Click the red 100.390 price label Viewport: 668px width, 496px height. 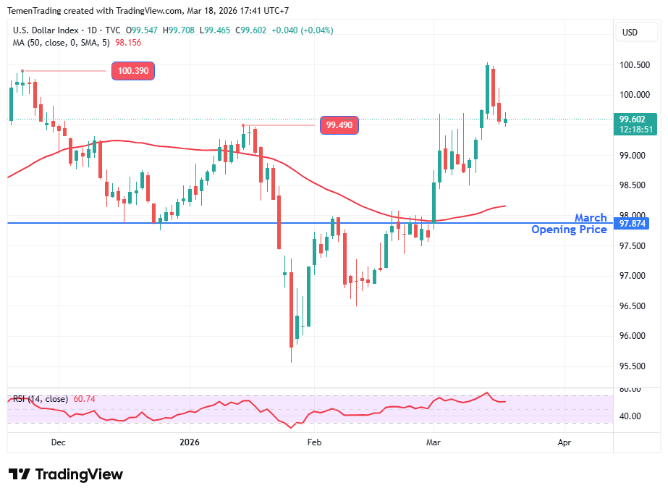click(133, 71)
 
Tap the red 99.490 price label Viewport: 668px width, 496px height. click(339, 125)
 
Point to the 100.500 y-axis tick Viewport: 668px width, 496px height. click(634, 65)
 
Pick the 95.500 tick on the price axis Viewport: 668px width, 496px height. click(634, 366)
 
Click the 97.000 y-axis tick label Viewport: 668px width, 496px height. click(634, 276)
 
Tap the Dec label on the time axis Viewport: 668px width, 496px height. click(59, 442)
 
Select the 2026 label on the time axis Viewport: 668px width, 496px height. click(190, 442)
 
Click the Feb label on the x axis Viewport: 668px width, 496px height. click(314, 442)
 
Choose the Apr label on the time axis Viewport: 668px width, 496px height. click(565, 442)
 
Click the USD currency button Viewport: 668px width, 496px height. click(630, 32)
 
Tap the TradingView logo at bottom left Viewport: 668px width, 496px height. click(66, 474)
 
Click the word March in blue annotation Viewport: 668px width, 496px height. click(591, 218)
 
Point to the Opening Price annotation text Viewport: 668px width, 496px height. click(569, 230)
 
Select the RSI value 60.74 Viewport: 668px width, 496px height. click(84, 399)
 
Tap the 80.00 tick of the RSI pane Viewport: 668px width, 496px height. click(630, 390)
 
